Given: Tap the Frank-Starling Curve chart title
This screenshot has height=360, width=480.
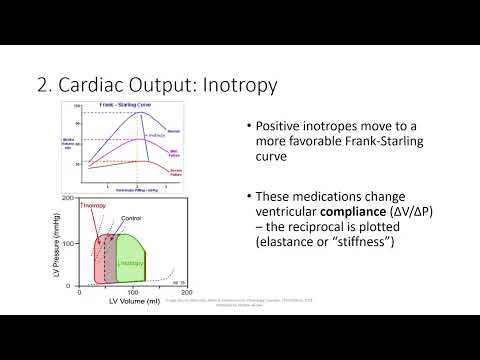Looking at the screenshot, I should click(x=138, y=104).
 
